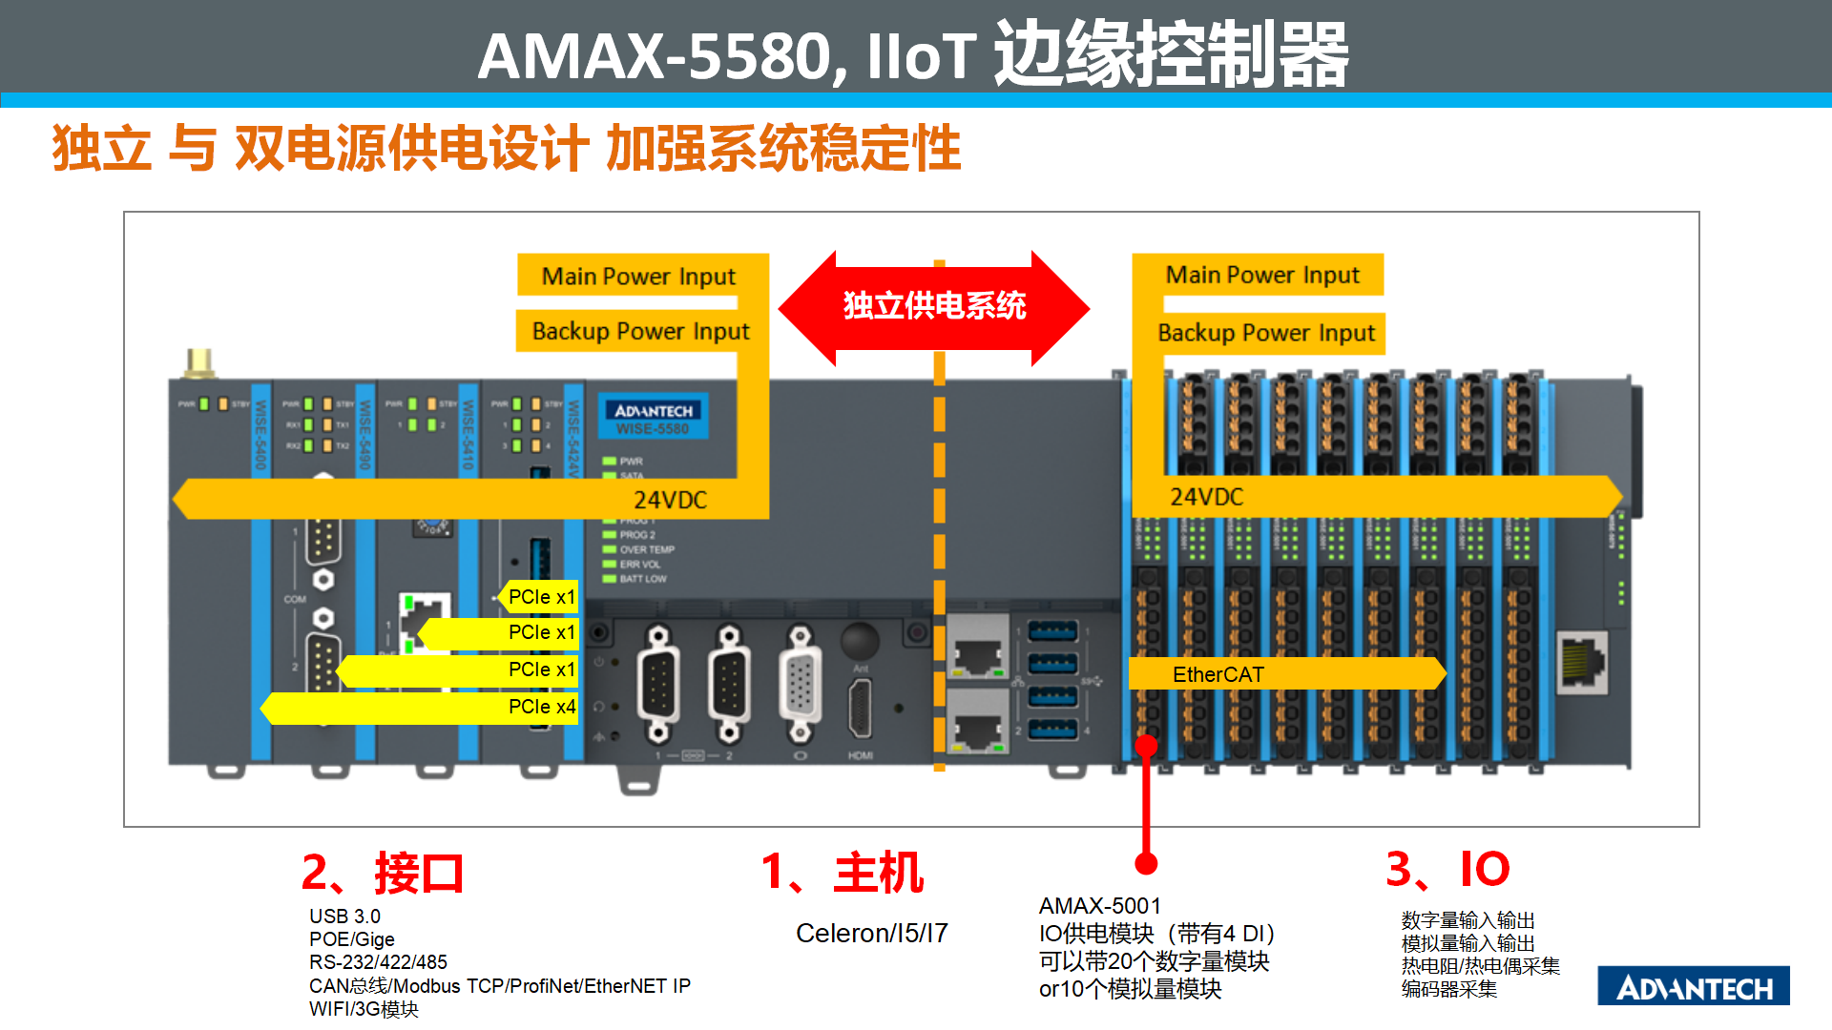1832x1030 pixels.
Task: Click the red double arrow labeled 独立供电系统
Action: click(933, 307)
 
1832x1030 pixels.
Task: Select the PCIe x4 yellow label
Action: click(540, 707)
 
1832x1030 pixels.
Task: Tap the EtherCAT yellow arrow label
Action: click(1218, 674)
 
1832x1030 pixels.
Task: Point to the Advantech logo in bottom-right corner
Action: click(1694, 986)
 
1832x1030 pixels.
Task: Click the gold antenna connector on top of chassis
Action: click(199, 363)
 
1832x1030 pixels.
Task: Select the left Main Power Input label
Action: click(638, 277)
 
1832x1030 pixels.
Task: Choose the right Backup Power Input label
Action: click(1266, 333)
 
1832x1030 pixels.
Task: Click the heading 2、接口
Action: click(383, 873)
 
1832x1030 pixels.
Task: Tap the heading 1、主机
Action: click(843, 873)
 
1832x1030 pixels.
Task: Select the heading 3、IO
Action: click(1447, 869)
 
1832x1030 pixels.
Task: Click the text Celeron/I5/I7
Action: click(871, 933)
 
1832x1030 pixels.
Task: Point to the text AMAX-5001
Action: click(1099, 905)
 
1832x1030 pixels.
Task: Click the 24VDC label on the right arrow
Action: click(1207, 497)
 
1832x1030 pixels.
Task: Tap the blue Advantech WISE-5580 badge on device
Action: click(654, 418)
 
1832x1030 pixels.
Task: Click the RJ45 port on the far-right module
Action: click(1582, 660)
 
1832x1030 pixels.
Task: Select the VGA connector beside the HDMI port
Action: click(800, 684)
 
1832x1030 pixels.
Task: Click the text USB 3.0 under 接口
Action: click(344, 916)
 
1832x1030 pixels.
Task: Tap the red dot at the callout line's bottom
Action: click(1146, 863)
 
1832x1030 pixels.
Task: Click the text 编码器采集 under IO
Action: click(1448, 989)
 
